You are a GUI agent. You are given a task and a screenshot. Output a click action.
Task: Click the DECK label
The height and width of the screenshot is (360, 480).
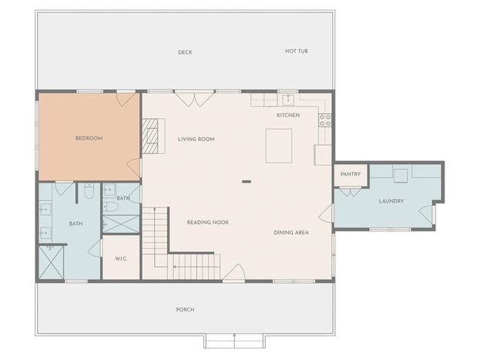(185, 52)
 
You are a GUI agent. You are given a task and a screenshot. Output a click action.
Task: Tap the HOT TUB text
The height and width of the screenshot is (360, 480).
(297, 51)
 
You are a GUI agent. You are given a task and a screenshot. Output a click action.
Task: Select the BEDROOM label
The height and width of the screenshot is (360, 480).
(89, 138)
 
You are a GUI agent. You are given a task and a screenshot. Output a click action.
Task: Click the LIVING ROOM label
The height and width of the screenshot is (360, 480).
(196, 139)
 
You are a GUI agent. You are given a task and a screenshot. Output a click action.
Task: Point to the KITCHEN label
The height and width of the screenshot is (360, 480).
(288, 115)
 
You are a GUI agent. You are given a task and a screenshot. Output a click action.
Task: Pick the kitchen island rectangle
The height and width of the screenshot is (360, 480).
(279, 146)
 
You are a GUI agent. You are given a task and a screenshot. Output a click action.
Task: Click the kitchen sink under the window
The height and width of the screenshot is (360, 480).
(288, 100)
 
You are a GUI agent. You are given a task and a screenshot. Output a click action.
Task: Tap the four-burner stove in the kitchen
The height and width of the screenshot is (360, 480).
(325, 120)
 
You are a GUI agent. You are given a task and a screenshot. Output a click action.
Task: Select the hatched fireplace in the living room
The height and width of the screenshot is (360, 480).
(150, 136)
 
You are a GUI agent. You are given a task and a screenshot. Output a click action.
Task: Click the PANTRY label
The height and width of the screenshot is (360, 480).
(351, 174)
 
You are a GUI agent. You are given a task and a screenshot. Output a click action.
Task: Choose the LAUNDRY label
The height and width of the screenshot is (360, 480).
(391, 201)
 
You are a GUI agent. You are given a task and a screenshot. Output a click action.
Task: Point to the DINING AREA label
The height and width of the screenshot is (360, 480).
(291, 233)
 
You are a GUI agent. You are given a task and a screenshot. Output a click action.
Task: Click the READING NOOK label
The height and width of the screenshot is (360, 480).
(208, 223)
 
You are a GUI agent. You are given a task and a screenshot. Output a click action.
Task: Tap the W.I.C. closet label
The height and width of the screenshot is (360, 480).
(121, 259)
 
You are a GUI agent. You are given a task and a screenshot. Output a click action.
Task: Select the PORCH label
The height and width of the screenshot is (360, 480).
(185, 310)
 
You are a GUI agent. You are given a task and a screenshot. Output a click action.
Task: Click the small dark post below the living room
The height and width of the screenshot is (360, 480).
(247, 182)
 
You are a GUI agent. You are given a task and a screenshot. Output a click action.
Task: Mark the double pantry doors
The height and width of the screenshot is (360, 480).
(351, 192)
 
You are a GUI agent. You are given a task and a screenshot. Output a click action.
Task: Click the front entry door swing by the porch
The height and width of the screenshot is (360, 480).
(234, 272)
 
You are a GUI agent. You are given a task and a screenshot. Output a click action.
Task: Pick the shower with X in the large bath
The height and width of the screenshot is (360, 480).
(51, 262)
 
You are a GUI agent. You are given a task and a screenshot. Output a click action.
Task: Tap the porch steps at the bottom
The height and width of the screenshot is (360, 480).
(234, 341)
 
